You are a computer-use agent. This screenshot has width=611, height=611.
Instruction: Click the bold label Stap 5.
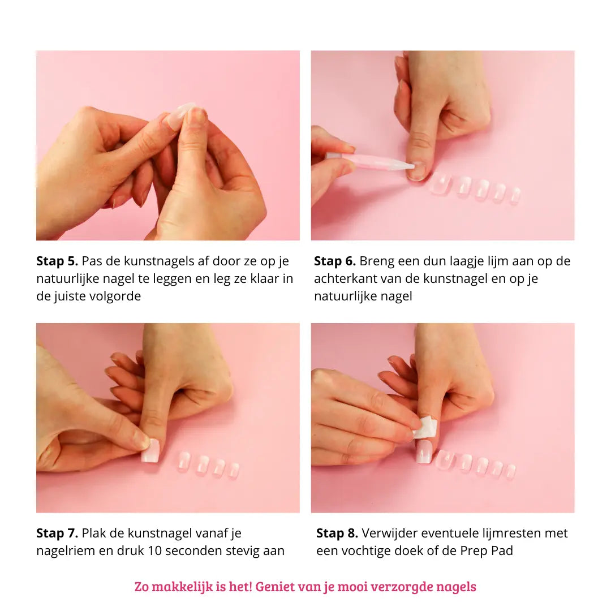57,261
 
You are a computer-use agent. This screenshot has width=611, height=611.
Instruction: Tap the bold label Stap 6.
335,261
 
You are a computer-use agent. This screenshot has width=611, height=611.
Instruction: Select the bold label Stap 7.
57,533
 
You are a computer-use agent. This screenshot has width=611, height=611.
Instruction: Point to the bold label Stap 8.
337,533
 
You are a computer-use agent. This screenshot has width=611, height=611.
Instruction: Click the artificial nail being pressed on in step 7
150,450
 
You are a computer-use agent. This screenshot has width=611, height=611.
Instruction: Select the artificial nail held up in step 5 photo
181,113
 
